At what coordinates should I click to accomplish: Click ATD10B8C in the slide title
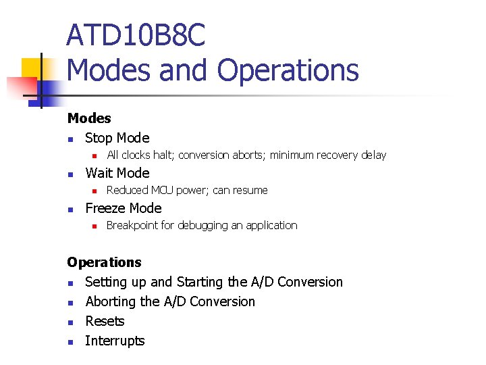tap(135, 35)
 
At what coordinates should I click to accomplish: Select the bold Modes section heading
tap(89, 118)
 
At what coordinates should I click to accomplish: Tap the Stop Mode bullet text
tap(117, 138)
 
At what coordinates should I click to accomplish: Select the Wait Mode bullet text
tap(117, 173)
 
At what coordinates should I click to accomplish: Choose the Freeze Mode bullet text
tap(123, 208)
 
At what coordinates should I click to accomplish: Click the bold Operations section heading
tap(104, 262)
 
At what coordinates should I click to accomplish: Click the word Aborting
tap(112, 301)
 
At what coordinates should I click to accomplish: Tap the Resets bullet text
tap(105, 321)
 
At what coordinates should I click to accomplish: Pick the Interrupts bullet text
tap(115, 341)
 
